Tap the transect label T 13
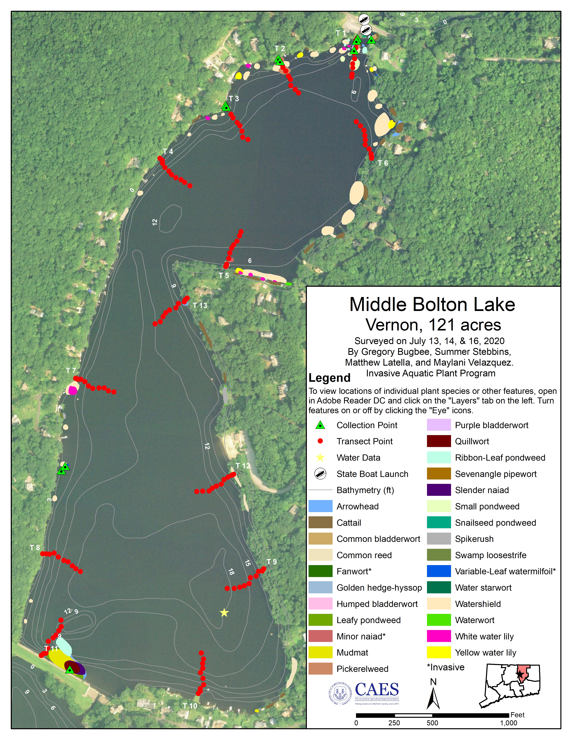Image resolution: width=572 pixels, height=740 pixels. coord(200,306)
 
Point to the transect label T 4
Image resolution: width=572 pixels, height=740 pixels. coord(168,152)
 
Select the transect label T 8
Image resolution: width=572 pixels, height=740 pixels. coord(35,548)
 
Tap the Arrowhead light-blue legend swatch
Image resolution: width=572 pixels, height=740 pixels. coord(320,506)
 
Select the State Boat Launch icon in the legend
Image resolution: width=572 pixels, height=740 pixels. coord(320,474)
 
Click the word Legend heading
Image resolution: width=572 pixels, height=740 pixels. coord(329,378)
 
